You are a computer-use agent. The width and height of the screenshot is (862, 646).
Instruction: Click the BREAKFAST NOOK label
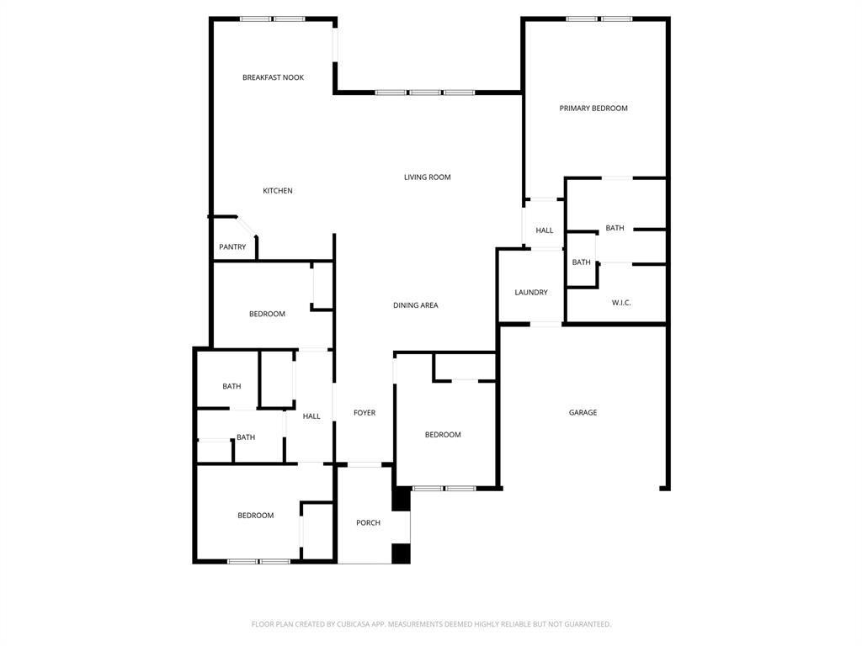[273, 77]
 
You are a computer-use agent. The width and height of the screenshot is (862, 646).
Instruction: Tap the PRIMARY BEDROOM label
[593, 109]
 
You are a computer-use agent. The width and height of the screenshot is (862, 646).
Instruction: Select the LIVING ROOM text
[427, 177]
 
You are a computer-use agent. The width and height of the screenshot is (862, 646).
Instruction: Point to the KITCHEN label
[278, 191]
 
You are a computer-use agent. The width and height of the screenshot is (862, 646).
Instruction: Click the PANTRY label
[232, 247]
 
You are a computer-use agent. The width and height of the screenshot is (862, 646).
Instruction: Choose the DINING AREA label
[416, 305]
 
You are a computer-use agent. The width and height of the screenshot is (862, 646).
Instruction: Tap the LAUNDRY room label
[531, 293]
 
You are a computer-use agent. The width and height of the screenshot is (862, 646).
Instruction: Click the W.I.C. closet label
[621, 303]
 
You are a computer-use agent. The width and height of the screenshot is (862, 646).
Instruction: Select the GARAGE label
[583, 413]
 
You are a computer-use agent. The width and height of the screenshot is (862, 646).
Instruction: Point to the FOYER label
[364, 413]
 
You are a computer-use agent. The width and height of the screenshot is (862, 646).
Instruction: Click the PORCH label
[368, 523]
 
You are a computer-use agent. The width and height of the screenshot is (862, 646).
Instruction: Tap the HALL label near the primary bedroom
[545, 230]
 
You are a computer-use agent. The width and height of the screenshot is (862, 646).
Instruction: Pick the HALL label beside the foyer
[311, 416]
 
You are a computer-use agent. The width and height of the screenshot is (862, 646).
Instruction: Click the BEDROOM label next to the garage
[443, 435]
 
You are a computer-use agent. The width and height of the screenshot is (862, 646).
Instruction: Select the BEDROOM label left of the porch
[255, 516]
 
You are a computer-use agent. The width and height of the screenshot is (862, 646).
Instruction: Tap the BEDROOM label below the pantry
[267, 315]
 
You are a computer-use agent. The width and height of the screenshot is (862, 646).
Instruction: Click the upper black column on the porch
[402, 498]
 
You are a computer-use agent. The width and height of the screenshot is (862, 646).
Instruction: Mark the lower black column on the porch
[401, 553]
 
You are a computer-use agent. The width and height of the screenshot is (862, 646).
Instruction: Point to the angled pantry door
[247, 227]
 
